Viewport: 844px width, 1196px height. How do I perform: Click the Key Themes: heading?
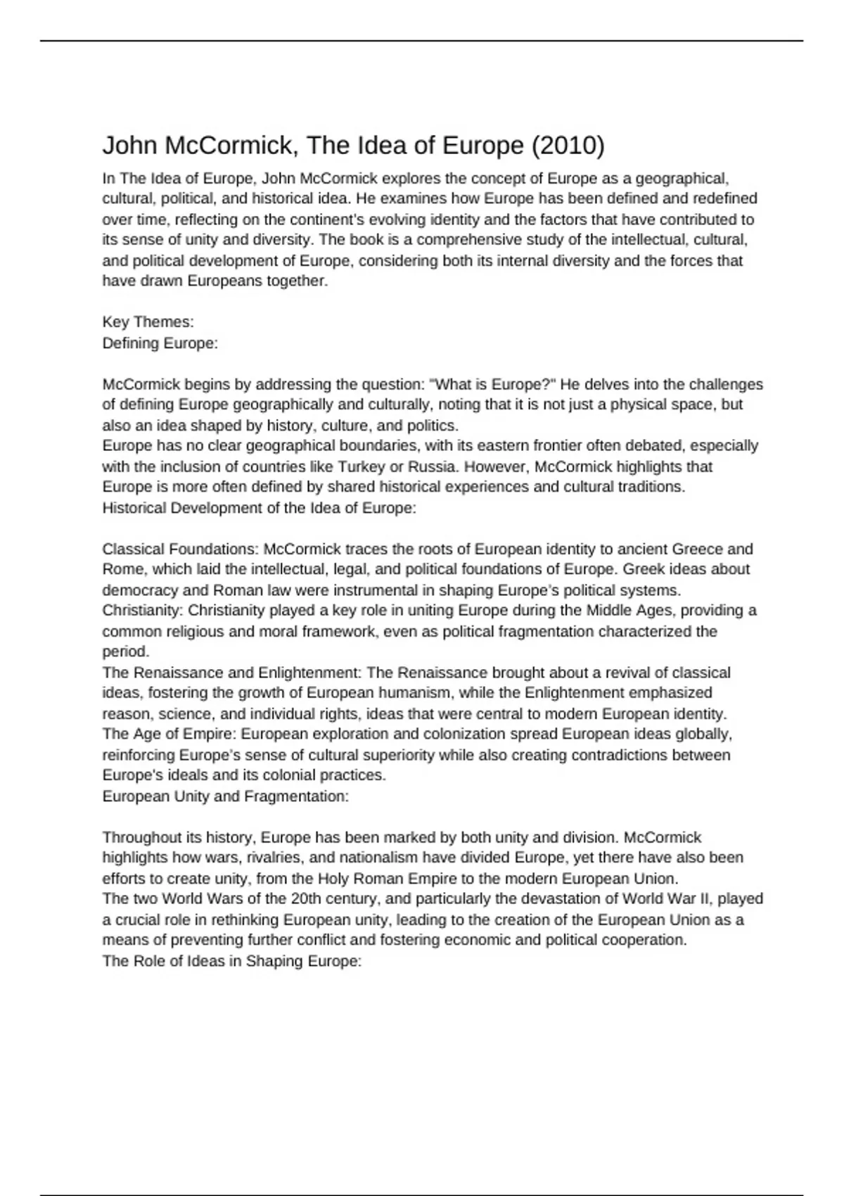tap(148, 322)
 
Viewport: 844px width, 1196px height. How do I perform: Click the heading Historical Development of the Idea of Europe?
tap(260, 508)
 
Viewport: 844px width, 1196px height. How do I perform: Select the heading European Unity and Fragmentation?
tap(226, 796)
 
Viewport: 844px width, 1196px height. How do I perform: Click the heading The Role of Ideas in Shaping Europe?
tap(231, 961)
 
